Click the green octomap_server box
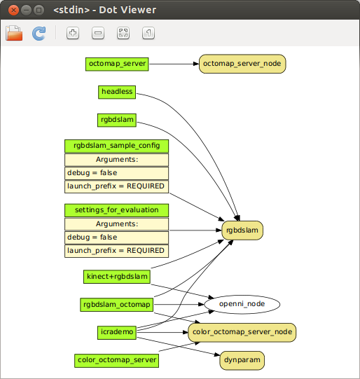pyautogui.click(x=117, y=64)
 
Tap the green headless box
pyautogui.click(x=116, y=92)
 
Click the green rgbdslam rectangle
pyautogui.click(x=116, y=120)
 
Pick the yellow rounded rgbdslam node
pyautogui.click(x=243, y=229)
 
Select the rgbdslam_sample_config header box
pyautogui.click(x=117, y=146)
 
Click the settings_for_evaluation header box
pyautogui.click(x=117, y=210)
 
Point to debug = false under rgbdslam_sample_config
pyautogui.click(x=117, y=172)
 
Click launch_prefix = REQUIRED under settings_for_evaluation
pyautogui.click(x=117, y=250)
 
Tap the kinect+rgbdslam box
pyautogui.click(x=116, y=276)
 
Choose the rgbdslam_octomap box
pyautogui.click(x=116, y=304)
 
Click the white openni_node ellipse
pyautogui.click(x=242, y=304)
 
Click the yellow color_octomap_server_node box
pyautogui.click(x=242, y=332)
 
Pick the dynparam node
pyautogui.click(x=242, y=360)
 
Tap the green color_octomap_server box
pyautogui.click(x=116, y=360)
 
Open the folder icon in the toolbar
pyautogui.click(x=14, y=33)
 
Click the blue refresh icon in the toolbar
pyautogui.click(x=39, y=33)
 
